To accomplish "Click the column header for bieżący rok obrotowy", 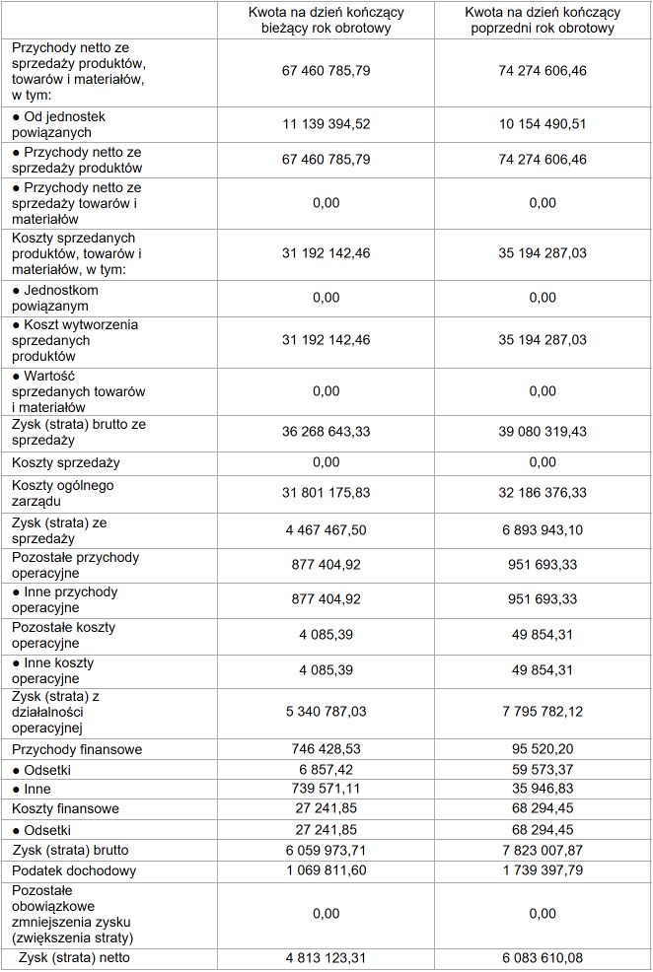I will click(326, 20).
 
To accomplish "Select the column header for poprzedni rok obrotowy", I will click(543, 20).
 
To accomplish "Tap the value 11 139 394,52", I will click(326, 124).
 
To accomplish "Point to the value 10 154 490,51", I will click(543, 124).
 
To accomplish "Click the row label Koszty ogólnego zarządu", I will click(63, 493).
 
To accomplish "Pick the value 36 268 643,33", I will click(326, 432).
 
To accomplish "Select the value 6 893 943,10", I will click(543, 530).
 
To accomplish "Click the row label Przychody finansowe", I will click(77, 749).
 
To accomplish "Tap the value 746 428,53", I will click(326, 749).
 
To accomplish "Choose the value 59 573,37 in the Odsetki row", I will click(543, 769).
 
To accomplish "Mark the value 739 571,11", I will click(326, 789).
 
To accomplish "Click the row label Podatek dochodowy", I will click(74, 870).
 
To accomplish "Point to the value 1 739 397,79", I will click(543, 870).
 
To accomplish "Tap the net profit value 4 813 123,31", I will click(326, 956).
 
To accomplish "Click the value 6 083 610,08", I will click(543, 956).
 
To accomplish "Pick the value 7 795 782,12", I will click(543, 712).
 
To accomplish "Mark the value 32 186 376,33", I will click(543, 493).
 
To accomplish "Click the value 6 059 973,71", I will click(326, 850).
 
